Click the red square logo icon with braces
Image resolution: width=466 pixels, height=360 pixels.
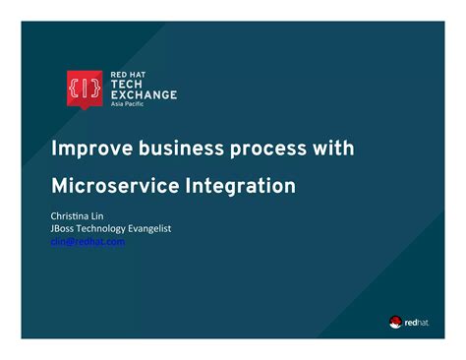pos(83,88)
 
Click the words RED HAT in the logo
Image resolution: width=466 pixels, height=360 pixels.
pos(127,75)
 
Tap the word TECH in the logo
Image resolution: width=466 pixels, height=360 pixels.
pos(126,85)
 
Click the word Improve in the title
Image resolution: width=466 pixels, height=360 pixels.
pos(90,149)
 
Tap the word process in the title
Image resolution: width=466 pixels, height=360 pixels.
pos(271,149)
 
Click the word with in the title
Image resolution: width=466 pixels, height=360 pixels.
pos(334,149)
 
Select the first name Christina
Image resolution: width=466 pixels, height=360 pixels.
pos(71,215)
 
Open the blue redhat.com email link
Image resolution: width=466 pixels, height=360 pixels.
pos(87,241)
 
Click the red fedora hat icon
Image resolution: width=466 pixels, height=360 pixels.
pos(395,321)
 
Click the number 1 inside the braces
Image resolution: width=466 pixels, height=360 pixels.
pos(83,88)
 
